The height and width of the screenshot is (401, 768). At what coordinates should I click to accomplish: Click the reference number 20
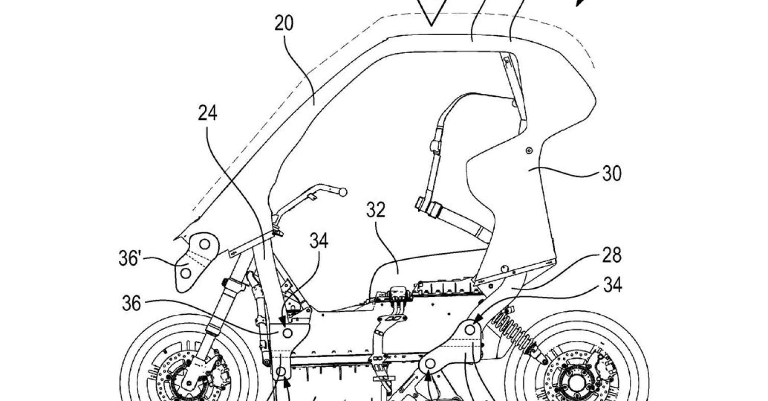click(x=284, y=23)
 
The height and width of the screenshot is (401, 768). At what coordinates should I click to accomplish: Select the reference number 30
click(x=612, y=173)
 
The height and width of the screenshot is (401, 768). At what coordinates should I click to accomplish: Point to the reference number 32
click(x=376, y=210)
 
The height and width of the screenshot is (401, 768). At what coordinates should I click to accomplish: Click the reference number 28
click(x=611, y=256)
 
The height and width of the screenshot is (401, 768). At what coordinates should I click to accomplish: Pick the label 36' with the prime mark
click(x=129, y=258)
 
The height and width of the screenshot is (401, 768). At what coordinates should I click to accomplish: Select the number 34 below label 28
click(x=612, y=285)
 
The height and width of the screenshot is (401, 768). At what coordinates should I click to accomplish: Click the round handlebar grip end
click(x=342, y=192)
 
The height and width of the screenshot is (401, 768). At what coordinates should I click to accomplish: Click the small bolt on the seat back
click(x=529, y=151)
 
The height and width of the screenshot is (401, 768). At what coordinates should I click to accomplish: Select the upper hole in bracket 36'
click(x=204, y=244)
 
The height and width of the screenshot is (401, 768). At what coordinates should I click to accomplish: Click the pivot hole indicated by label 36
click(x=287, y=333)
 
